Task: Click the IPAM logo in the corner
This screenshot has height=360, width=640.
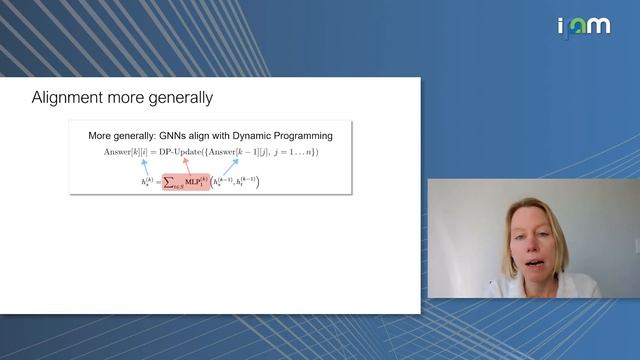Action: tap(583, 26)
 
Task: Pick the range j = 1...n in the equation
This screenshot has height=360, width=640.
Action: tap(295, 150)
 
